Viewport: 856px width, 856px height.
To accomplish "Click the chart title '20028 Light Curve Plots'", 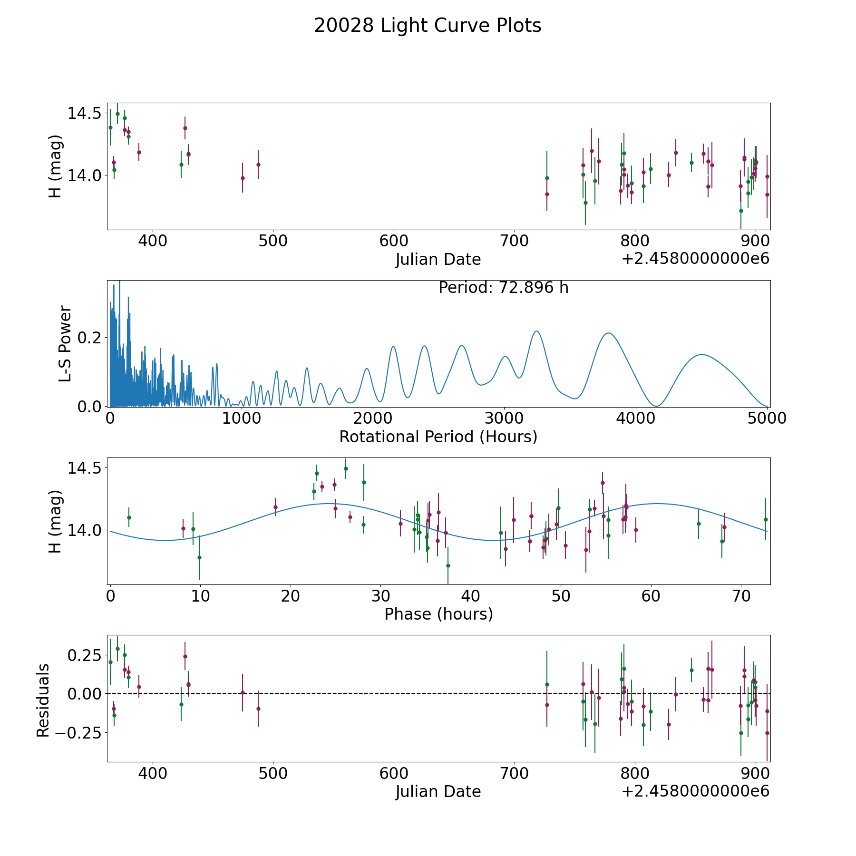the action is pyautogui.click(x=428, y=26).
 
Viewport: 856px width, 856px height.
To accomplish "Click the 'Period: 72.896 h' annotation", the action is pyautogui.click(x=504, y=288).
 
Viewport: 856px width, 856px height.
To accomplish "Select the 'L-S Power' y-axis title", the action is pyautogui.click(x=65, y=344).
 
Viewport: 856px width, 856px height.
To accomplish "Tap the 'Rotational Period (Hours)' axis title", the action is pyautogui.click(x=438, y=437).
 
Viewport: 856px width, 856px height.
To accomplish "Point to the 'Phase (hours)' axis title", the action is pyautogui.click(x=438, y=614).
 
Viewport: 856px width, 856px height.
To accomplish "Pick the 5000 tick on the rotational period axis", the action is pyautogui.click(x=767, y=418).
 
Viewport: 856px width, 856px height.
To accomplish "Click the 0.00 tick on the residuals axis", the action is pyautogui.click(x=85, y=694).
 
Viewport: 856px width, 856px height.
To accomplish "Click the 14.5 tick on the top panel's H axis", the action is pyautogui.click(x=85, y=114).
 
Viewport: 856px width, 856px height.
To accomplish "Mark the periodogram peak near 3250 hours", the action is pyautogui.click(x=536, y=331).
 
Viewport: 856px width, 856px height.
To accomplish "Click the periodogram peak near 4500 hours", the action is pyautogui.click(x=701, y=354).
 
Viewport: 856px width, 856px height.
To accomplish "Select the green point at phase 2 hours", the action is pyautogui.click(x=129, y=517).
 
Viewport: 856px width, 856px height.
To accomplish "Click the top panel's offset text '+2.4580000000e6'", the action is pyautogui.click(x=696, y=259).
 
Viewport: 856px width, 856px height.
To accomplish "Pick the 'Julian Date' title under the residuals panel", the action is pyautogui.click(x=438, y=792).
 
